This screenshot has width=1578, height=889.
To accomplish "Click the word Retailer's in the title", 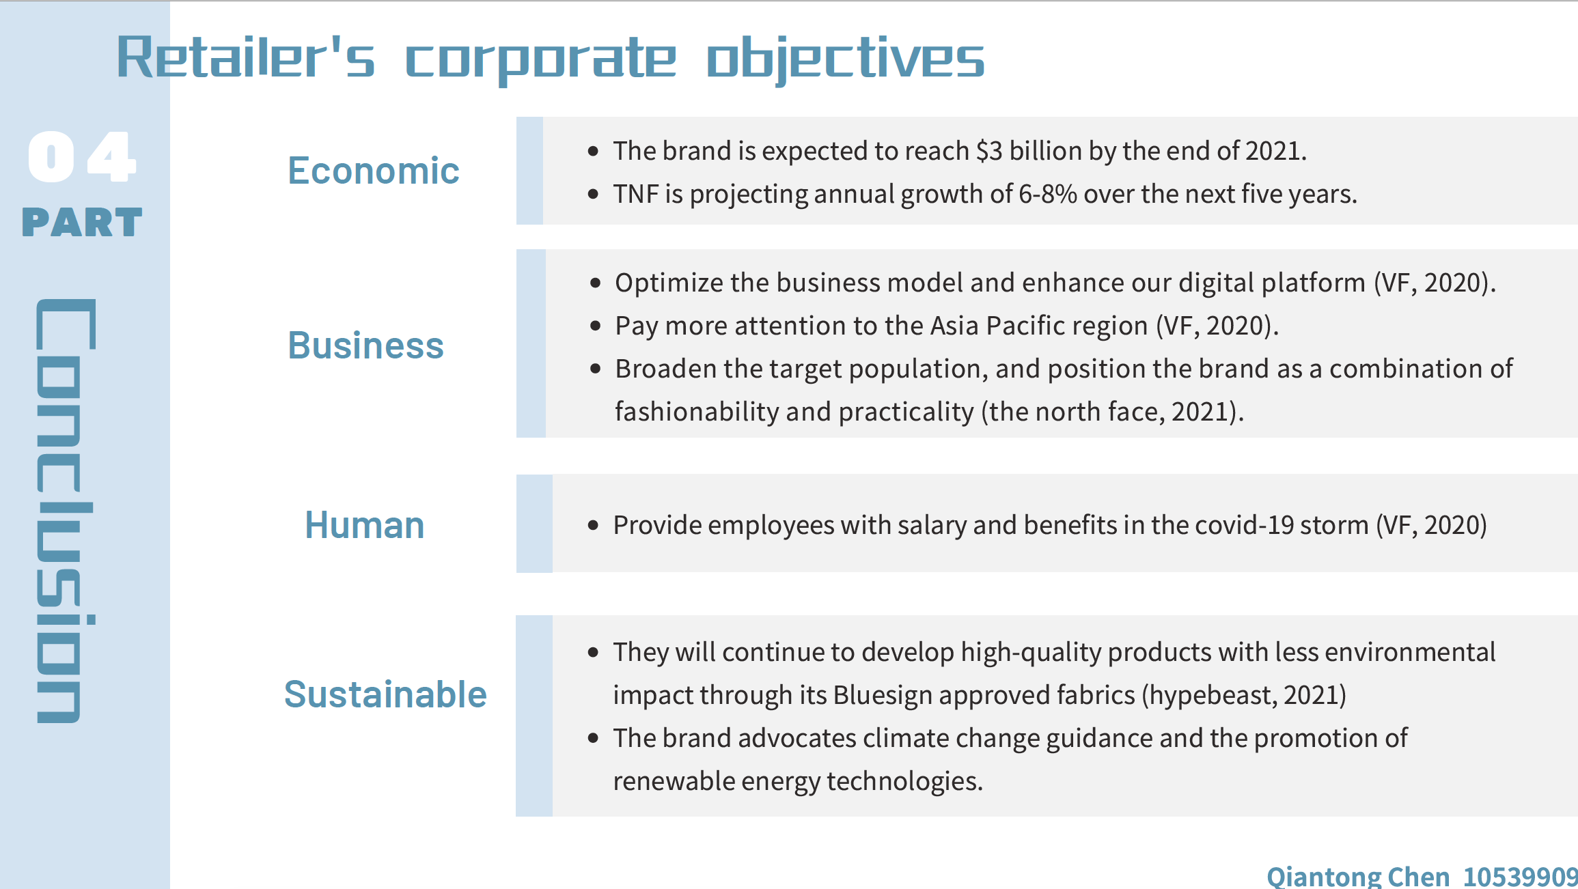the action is click(x=246, y=57).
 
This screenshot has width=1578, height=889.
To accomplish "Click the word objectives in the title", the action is click(x=845, y=60).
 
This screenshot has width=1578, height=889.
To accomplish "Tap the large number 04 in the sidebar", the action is click(x=82, y=157).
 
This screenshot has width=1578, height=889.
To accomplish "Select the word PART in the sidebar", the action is click(x=82, y=223).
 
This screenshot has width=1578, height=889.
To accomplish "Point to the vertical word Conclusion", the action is click(x=66, y=511).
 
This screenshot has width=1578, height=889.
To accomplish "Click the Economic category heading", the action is click(x=373, y=171).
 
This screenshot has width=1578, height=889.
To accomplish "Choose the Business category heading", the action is click(x=365, y=345).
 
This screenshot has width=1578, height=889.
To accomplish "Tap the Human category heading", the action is click(x=364, y=526).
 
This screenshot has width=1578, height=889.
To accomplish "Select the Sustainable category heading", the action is click(x=385, y=694).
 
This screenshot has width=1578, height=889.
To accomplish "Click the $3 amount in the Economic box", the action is click(x=990, y=151).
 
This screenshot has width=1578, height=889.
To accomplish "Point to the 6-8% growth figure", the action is click(x=1048, y=195).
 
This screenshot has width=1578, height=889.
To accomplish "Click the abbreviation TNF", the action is click(x=636, y=195).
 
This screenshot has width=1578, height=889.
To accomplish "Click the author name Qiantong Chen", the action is click(x=1358, y=877).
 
